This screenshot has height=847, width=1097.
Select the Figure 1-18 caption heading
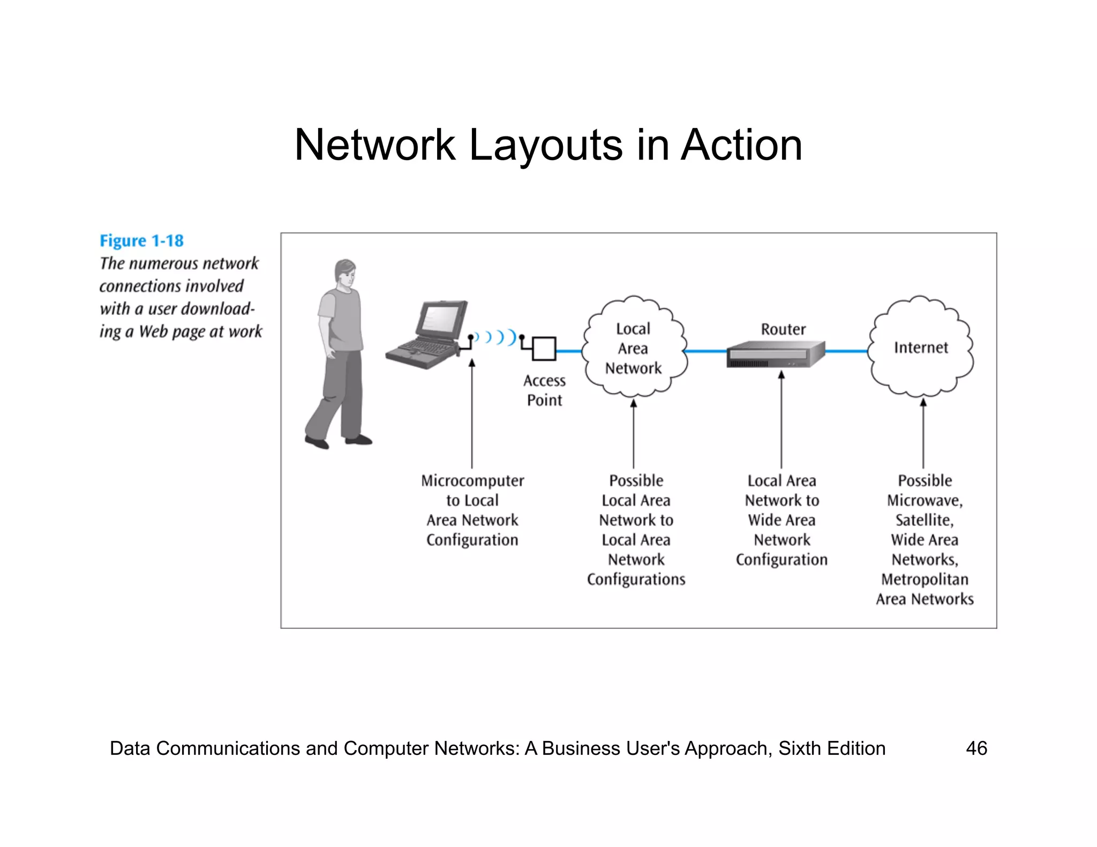141,241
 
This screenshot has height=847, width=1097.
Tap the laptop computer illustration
427,336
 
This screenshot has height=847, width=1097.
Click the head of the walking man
345,273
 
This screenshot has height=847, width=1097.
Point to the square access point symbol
544,349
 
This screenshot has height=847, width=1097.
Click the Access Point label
544,390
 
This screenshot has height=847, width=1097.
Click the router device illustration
776,354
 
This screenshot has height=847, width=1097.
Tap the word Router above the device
783,329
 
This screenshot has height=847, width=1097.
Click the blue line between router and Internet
846,352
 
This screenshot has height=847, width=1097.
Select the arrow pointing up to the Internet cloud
923,431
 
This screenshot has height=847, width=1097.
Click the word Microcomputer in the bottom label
472,481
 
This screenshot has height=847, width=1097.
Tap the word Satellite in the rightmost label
924,520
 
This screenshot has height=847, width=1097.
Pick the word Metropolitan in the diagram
925,579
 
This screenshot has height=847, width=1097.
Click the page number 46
976,748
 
